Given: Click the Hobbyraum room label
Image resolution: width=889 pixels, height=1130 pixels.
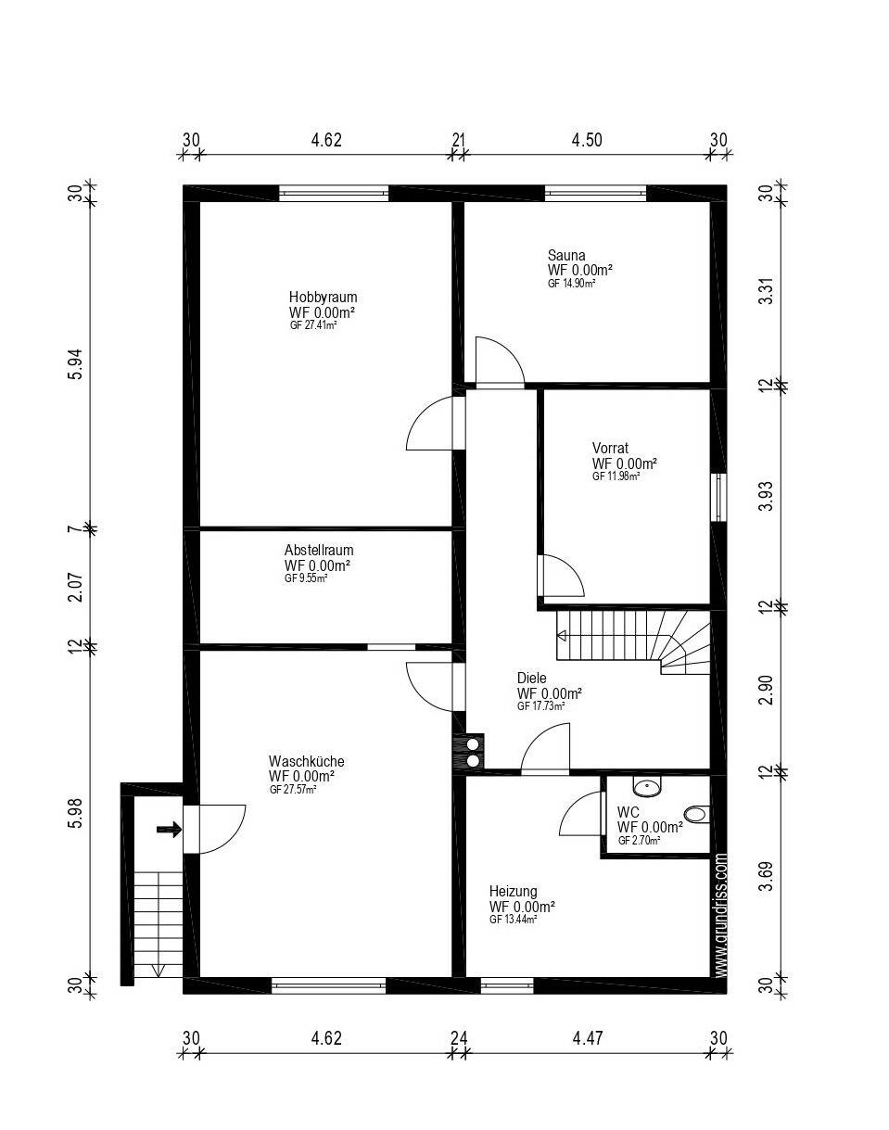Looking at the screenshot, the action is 323,297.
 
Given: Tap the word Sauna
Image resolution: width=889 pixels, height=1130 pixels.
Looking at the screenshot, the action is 566,256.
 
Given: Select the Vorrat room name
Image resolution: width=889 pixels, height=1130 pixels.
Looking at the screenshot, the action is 610,449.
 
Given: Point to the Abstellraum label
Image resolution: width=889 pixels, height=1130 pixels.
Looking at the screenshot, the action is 319,551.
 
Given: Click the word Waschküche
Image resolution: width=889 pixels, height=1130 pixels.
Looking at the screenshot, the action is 307,761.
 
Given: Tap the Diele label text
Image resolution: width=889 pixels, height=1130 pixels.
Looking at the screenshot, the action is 531,678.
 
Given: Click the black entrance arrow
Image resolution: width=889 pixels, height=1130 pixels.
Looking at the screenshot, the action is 169,830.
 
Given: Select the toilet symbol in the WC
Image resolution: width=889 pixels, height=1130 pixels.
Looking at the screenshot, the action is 698,815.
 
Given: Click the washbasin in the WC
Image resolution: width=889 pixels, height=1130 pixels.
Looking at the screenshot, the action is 647,787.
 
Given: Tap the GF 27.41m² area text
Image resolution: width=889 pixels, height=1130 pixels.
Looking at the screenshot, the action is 313,325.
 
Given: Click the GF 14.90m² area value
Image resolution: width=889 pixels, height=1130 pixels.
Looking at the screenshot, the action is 571,284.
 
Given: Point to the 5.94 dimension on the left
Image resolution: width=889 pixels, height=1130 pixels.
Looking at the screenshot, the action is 76,364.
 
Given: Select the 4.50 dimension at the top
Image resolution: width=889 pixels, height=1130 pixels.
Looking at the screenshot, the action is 587,140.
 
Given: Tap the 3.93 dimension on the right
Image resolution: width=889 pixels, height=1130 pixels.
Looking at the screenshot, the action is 768,496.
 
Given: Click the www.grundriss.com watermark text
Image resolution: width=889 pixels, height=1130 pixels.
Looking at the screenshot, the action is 721,915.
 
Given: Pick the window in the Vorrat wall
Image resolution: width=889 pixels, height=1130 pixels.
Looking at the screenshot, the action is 718,497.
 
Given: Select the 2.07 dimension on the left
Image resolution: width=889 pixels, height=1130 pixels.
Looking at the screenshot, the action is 76,587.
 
